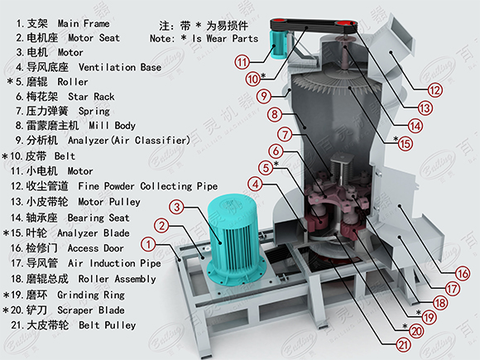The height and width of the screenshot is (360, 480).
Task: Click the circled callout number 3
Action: click(x=177, y=207)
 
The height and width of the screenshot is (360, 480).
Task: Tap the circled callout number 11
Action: click(x=242, y=63)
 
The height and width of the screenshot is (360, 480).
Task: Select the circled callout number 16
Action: click(x=463, y=274)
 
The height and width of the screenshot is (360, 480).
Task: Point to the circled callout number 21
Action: click(x=403, y=345)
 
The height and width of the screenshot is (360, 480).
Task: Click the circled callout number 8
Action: click(x=275, y=115)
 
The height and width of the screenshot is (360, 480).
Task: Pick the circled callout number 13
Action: click(x=425, y=108)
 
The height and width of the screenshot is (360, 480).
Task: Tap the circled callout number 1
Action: click(x=148, y=244)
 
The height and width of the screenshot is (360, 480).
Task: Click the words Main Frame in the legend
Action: click(x=84, y=23)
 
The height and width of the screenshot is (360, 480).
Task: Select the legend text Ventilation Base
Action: click(x=120, y=67)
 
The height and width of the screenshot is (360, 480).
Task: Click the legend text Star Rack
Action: click(x=91, y=97)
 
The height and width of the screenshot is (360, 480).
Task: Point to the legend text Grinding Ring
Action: click(x=91, y=295)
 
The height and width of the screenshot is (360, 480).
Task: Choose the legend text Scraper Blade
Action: click(x=91, y=310)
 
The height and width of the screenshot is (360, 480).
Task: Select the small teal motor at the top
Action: click(x=277, y=45)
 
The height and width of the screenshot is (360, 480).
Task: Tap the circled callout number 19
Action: click(x=429, y=318)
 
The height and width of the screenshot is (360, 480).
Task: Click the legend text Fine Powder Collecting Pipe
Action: click(x=148, y=186)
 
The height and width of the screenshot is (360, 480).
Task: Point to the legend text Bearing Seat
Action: click(x=98, y=218)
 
